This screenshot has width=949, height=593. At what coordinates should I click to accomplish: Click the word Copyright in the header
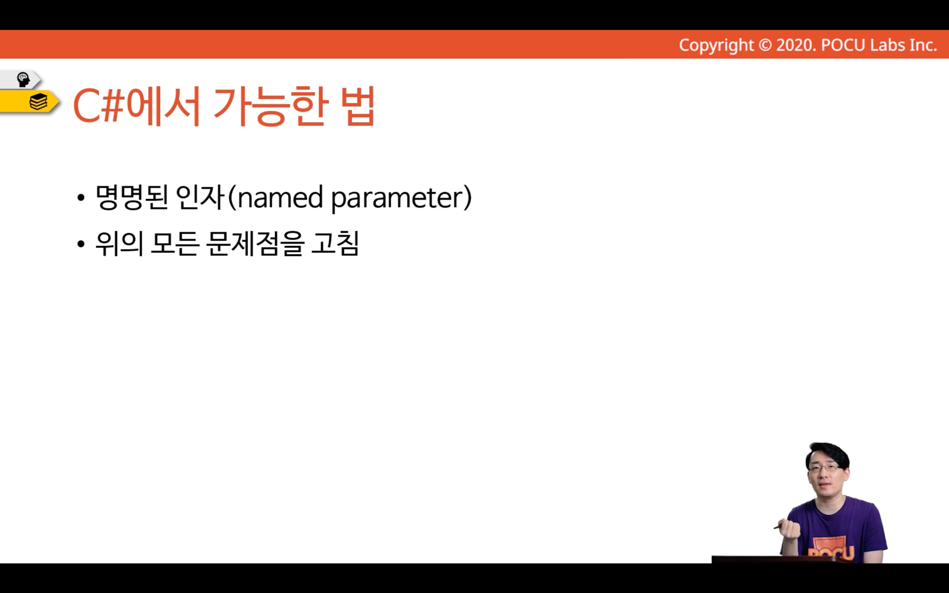pyautogui.click(x=716, y=45)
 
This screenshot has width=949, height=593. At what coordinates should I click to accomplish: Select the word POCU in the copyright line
pyautogui.click(x=843, y=45)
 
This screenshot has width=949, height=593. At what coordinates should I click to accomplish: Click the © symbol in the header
pyautogui.click(x=765, y=45)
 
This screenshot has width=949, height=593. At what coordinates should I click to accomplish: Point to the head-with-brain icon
pyautogui.click(x=23, y=80)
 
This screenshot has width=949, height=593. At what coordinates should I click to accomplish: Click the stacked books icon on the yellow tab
pyautogui.click(x=38, y=102)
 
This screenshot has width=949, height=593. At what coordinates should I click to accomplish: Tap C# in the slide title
pyautogui.click(x=99, y=106)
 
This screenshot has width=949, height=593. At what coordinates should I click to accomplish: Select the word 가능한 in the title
pyautogui.click(x=271, y=106)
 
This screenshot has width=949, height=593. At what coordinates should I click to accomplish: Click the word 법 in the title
pyautogui.click(x=360, y=105)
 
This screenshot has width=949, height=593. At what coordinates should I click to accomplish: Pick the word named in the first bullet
pyautogui.click(x=281, y=198)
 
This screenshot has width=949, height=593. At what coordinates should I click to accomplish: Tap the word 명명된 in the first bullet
pyautogui.click(x=132, y=197)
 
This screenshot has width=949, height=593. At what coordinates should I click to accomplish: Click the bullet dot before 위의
pyautogui.click(x=81, y=244)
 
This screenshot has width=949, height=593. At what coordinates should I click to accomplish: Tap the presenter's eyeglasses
pyautogui.click(x=824, y=468)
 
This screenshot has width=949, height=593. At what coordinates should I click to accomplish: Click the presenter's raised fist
pyautogui.click(x=791, y=529)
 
